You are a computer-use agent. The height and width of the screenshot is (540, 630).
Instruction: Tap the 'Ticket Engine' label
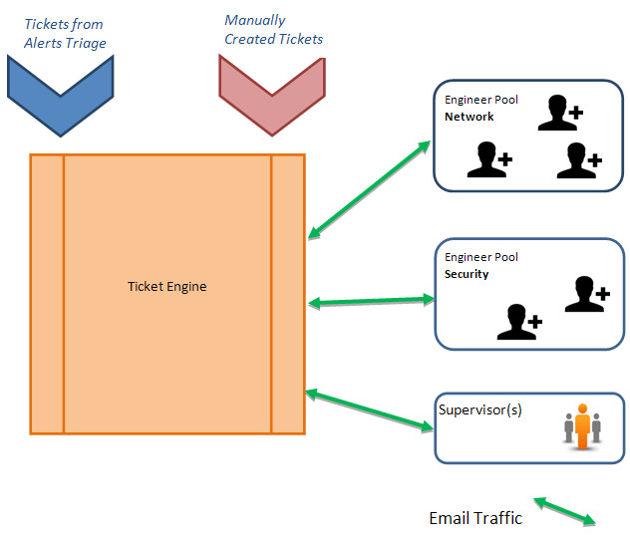pos(167,287)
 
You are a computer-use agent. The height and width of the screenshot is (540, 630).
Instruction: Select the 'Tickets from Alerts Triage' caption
pos(65,33)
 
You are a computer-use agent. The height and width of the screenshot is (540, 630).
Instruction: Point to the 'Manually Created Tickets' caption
pos(273,30)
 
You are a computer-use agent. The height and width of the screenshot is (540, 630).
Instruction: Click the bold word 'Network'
pos(469,117)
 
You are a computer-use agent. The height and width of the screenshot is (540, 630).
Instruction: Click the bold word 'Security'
pos(467,274)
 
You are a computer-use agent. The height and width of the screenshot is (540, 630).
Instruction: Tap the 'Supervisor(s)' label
pos(480,409)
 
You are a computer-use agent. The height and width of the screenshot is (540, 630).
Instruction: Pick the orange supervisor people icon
pos(582,426)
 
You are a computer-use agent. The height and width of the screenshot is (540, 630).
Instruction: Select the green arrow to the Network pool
pos(369,190)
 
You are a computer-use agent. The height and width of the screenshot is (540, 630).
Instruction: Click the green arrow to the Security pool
pos(371,301)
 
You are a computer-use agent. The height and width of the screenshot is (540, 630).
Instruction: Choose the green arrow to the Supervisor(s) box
pos(370,410)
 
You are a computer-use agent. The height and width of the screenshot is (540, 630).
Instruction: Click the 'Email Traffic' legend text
pos(475,518)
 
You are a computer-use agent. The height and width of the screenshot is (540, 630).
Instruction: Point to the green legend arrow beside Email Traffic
pos(564,511)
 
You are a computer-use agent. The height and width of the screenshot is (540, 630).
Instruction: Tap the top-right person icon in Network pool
pos(560,113)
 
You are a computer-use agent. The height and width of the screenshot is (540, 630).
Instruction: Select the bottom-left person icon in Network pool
pos(489,159)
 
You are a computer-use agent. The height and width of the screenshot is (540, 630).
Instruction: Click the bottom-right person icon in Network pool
pos(579,160)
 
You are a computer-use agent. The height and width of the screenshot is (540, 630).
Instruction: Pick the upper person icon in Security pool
pos(587,294)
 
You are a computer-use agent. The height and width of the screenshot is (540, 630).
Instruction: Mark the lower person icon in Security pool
pos(519,322)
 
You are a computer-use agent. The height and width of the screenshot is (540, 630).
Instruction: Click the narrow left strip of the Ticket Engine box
pos(47,294)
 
